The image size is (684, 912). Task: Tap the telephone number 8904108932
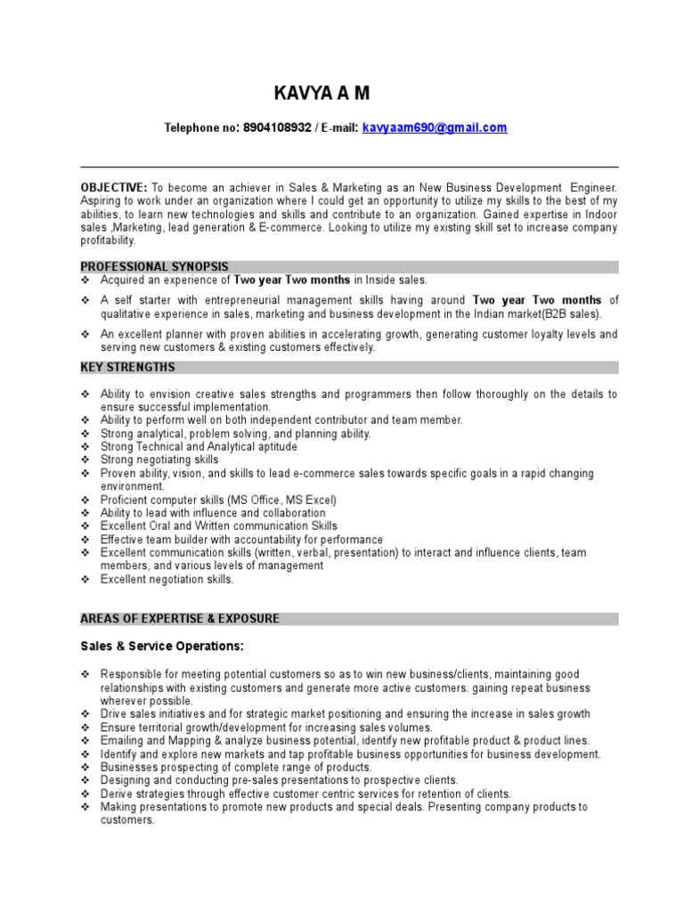(277, 128)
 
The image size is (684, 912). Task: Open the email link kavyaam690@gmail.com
(434, 128)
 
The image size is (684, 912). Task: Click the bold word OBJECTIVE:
(114, 188)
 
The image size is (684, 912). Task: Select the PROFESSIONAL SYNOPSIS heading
(154, 266)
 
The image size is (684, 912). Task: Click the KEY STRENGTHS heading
(127, 367)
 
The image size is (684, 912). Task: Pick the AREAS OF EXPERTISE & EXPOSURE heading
(180, 618)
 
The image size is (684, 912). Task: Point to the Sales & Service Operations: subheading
(161, 646)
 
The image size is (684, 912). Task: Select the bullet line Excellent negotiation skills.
(167, 579)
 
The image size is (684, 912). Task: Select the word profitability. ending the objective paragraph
(109, 240)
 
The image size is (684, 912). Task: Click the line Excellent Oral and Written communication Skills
(218, 525)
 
